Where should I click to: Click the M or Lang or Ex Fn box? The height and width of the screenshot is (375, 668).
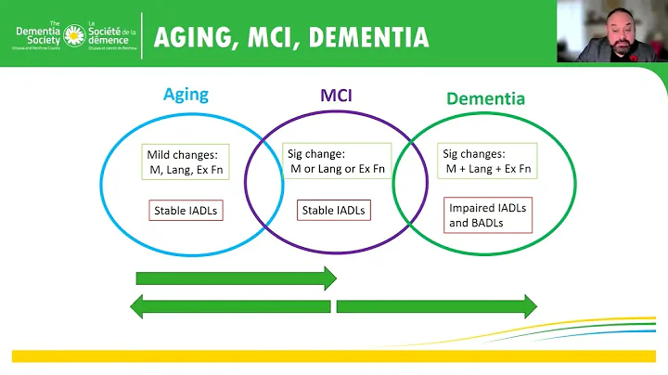pyautogui.click(x=337, y=161)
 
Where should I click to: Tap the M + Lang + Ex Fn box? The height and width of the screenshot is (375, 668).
pyautogui.click(x=488, y=161)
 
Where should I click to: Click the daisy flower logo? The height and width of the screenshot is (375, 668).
pyautogui.click(x=73, y=35)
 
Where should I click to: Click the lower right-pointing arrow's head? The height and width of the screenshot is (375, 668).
pyautogui.click(x=529, y=305)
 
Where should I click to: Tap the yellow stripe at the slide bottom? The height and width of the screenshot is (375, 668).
pyautogui.click(x=334, y=356)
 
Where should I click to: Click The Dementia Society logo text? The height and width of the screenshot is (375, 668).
pyautogui.click(x=37, y=34)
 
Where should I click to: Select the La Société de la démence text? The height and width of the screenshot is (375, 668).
pyautogui.click(x=110, y=34)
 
